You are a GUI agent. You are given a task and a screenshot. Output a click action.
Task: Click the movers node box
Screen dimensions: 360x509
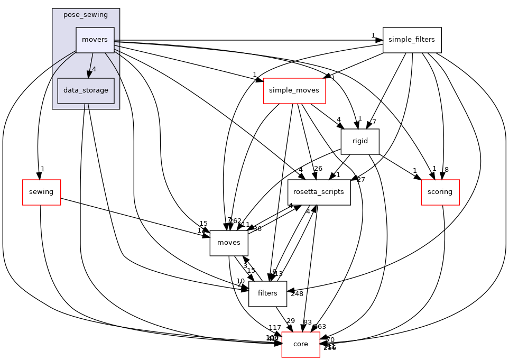tap(95, 40)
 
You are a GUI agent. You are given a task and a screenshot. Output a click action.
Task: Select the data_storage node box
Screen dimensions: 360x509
tap(86, 90)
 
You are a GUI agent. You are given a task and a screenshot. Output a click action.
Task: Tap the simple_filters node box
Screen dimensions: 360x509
tap(412, 40)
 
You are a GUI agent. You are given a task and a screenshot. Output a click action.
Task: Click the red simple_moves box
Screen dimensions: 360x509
tap(294, 90)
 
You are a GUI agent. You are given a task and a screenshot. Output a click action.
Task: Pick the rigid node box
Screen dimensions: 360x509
tap(360, 141)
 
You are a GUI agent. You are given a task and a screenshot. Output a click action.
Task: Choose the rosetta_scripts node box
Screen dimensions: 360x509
tap(319, 192)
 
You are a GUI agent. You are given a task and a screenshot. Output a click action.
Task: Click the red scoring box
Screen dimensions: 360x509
tap(440, 192)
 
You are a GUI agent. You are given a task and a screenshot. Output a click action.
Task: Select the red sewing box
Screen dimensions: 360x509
tap(41, 192)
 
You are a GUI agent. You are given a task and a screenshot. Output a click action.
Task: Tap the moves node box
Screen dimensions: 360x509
tap(229, 243)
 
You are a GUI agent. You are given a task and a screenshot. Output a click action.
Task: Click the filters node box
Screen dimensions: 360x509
tap(267, 293)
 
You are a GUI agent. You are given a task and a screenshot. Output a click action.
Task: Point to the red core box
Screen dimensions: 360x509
tap(301, 344)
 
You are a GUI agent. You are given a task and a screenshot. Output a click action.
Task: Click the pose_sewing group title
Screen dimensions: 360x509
tap(86, 14)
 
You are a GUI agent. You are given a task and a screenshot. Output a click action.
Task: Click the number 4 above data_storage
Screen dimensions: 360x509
tap(94, 69)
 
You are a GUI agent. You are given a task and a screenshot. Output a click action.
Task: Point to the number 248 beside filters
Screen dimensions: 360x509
tap(297, 294)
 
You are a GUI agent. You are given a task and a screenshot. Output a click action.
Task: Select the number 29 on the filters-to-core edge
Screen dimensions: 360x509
tap(290, 321)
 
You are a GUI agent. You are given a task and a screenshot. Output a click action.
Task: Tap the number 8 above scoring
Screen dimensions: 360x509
tap(447, 170)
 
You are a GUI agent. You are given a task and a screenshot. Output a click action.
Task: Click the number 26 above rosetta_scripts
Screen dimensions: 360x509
tap(318, 169)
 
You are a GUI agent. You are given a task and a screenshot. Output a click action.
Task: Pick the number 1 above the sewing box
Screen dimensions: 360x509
tap(42, 169)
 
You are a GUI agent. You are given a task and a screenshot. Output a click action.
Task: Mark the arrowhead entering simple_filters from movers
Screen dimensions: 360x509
tap(380, 40)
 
